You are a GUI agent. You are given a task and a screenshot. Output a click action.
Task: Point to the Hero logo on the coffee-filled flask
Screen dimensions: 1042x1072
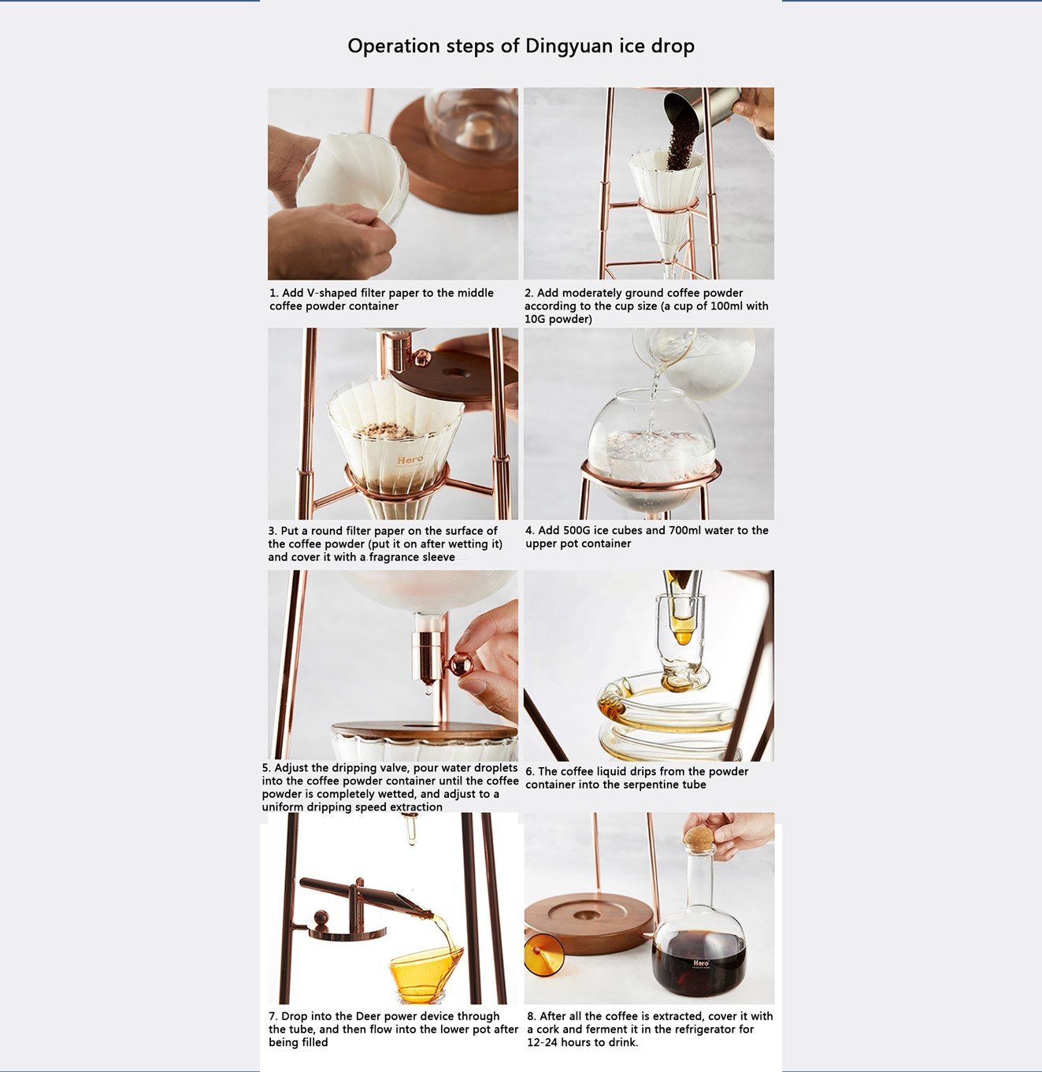[x=701, y=963]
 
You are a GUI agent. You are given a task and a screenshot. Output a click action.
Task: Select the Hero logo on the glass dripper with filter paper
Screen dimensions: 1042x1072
[x=410, y=460]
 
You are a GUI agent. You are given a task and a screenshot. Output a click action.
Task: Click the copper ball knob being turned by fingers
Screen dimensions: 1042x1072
[x=461, y=665]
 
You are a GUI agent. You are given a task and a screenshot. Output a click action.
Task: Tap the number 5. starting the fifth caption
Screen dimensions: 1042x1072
[x=266, y=768]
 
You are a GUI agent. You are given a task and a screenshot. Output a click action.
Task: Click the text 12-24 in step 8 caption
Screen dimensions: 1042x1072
[x=543, y=1043]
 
